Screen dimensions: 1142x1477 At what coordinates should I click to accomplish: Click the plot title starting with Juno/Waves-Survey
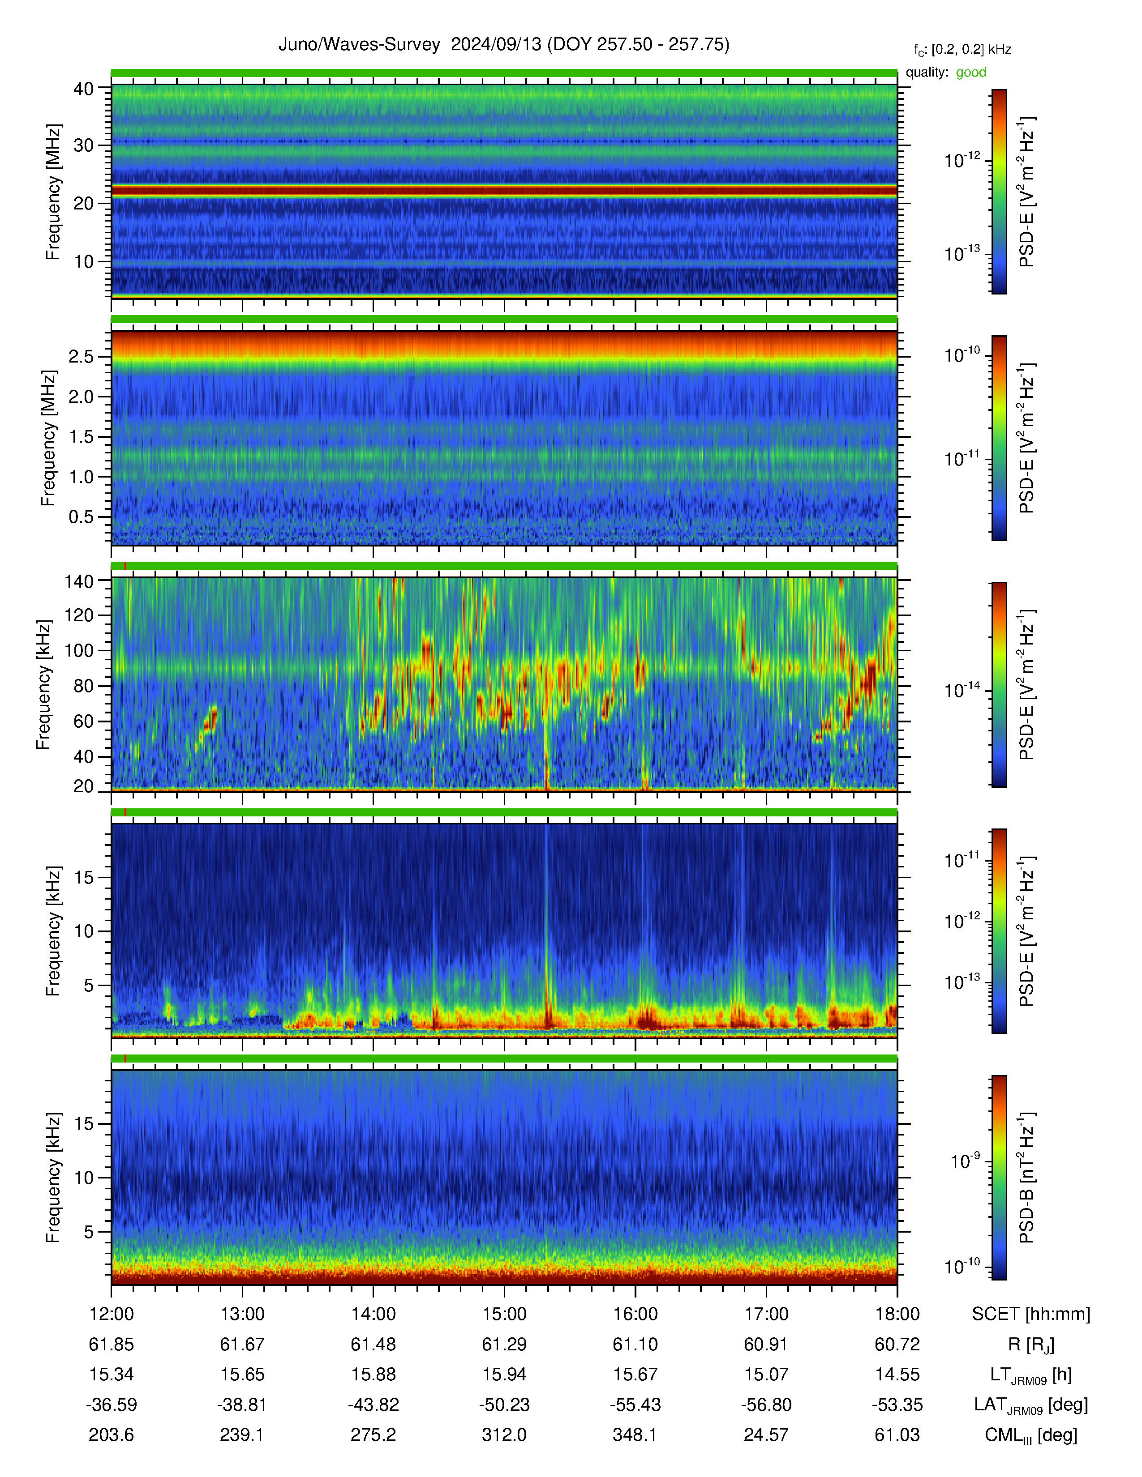(503, 45)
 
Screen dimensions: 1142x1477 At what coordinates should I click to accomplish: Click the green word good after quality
(971, 73)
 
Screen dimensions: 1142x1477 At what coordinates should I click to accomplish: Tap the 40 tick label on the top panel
(83, 89)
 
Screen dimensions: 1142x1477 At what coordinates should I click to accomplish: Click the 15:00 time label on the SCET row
(504, 1314)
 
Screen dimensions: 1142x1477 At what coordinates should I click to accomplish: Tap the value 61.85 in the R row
(111, 1345)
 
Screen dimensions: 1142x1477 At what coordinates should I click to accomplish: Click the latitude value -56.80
(766, 1404)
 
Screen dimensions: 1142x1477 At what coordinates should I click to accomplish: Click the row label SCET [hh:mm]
(1031, 1314)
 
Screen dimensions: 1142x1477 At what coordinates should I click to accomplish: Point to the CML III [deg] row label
(1031, 1435)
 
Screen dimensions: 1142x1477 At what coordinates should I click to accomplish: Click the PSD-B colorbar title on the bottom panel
(1026, 1178)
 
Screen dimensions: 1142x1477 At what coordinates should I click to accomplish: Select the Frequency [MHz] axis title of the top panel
(53, 192)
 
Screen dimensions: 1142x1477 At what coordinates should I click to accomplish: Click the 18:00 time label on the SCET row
(897, 1314)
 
